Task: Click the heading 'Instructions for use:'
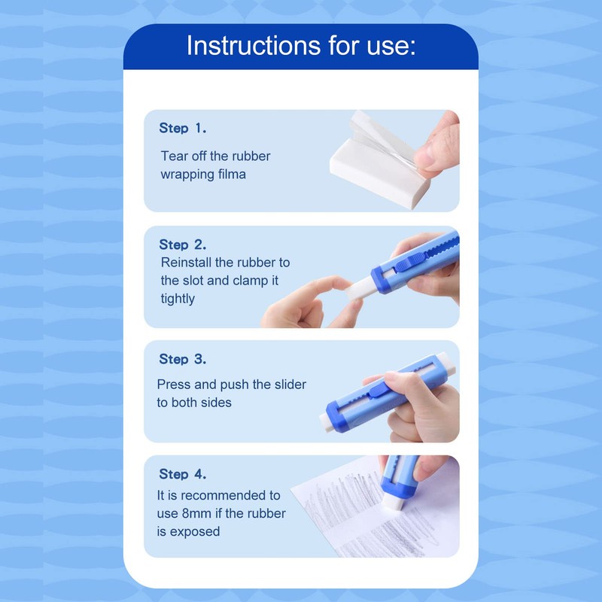point(300,46)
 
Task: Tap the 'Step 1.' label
point(182,129)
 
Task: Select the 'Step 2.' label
point(182,245)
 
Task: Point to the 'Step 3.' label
point(182,360)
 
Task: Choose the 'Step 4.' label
point(182,475)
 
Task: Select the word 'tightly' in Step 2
point(178,299)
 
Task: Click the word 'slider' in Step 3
point(288,385)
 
